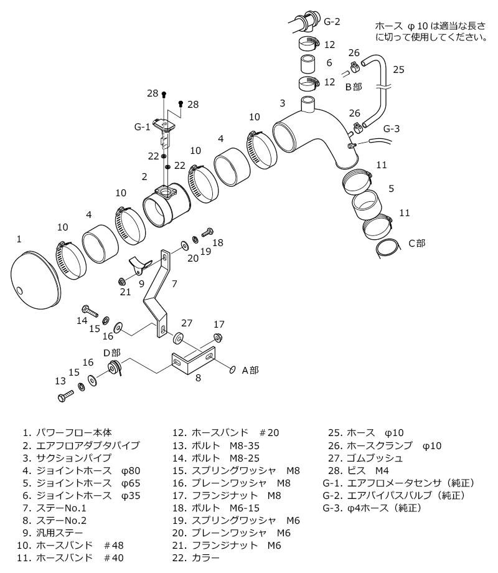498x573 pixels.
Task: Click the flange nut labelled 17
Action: [x=218, y=337]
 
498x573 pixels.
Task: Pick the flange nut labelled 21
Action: [x=123, y=282]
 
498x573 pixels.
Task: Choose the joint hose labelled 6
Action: [x=306, y=64]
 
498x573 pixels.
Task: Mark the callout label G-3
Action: [x=392, y=129]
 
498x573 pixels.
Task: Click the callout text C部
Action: [x=417, y=244]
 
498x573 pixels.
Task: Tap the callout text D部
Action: [x=112, y=352]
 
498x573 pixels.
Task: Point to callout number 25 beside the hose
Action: [x=399, y=69]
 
